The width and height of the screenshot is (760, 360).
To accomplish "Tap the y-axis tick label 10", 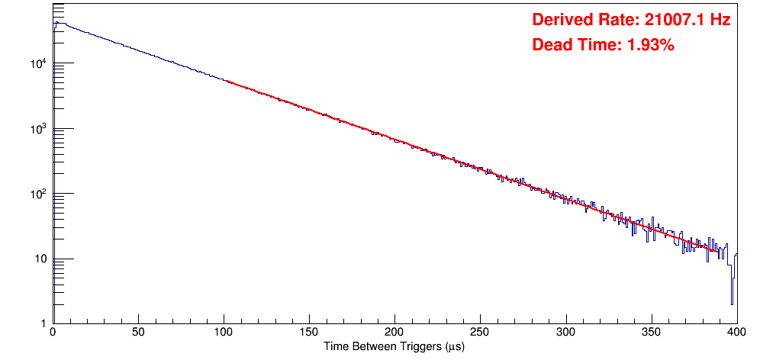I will [42, 259].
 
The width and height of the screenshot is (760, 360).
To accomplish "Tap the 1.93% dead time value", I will [650, 46].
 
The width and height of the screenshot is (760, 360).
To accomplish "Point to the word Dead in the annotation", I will [550, 46].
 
